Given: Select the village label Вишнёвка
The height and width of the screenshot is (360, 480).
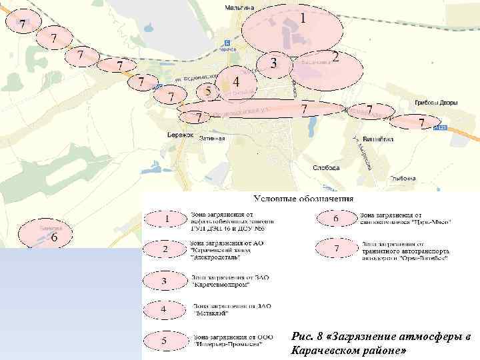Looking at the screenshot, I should point(377,140).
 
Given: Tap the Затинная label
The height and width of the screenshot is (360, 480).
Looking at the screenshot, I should point(212,139).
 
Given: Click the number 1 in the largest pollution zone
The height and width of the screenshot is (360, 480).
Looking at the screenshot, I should point(303,19).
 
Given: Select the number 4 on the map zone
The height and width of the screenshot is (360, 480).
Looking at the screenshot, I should point(237,81).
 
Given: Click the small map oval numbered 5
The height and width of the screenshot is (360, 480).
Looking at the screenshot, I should point(209,91).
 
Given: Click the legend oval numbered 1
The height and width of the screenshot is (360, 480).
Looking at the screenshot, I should point(165,218).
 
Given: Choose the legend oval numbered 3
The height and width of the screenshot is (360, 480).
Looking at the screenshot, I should point(165,281).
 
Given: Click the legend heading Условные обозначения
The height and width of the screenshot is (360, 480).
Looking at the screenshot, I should point(303,199).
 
